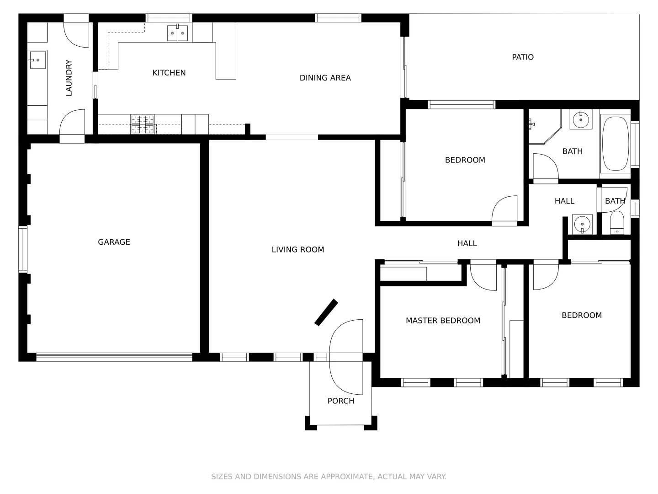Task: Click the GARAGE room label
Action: tap(114, 242)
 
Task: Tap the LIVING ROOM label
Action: tap(297, 249)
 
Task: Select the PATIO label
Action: tap(522, 57)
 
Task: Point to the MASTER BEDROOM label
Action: tap(443, 321)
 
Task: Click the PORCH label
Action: tap(340, 401)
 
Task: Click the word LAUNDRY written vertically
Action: tap(69, 78)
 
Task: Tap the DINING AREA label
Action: tap(325, 78)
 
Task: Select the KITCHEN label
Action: tap(169, 73)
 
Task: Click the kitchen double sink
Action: tap(177, 33)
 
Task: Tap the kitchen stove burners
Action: tap(142, 124)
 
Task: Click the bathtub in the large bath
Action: tap(615, 144)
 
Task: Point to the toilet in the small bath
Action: tap(617, 223)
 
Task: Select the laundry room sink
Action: tap(37, 60)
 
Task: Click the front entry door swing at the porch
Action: tap(346, 357)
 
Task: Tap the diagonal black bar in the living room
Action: tap(326, 312)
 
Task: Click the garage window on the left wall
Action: tap(22, 249)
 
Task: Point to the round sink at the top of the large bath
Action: tap(581, 119)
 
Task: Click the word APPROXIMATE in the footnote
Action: tap(345, 477)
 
